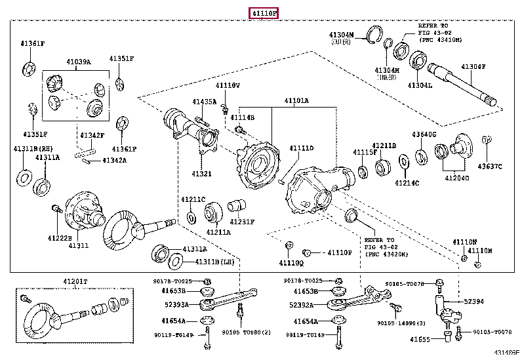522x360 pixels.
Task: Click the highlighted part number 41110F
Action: click(263, 13)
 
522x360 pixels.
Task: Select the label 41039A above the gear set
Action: click(78, 62)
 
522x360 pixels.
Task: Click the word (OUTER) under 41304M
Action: click(342, 41)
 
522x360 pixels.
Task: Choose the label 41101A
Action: click(296, 101)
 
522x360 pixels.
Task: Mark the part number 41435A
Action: click(204, 102)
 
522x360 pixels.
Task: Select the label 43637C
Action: click(489, 166)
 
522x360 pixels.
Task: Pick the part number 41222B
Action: click(59, 237)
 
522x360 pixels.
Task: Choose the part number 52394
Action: click(474, 302)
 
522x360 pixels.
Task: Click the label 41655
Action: click(420, 339)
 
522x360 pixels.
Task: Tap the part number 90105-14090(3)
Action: click(401, 323)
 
